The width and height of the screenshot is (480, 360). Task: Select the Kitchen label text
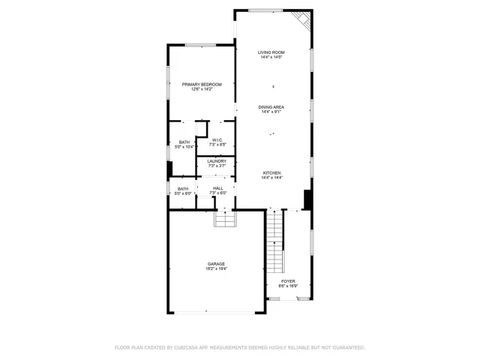click(271, 172)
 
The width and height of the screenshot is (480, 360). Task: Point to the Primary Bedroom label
click(202, 84)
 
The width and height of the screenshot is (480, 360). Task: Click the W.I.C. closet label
click(217, 139)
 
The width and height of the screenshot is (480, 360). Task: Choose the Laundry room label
click(217, 160)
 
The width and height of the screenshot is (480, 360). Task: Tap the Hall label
click(217, 188)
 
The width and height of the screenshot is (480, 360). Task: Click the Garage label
click(217, 263)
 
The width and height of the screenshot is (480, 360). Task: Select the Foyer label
click(288, 281)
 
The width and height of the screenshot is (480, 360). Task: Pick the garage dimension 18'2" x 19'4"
click(217, 268)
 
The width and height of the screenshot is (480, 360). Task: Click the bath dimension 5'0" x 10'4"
click(184, 147)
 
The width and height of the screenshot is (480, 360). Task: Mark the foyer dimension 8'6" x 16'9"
click(288, 286)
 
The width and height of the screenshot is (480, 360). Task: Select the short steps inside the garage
click(225, 218)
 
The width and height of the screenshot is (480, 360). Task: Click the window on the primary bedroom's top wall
click(201, 45)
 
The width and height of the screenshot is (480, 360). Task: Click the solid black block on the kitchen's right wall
click(307, 199)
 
